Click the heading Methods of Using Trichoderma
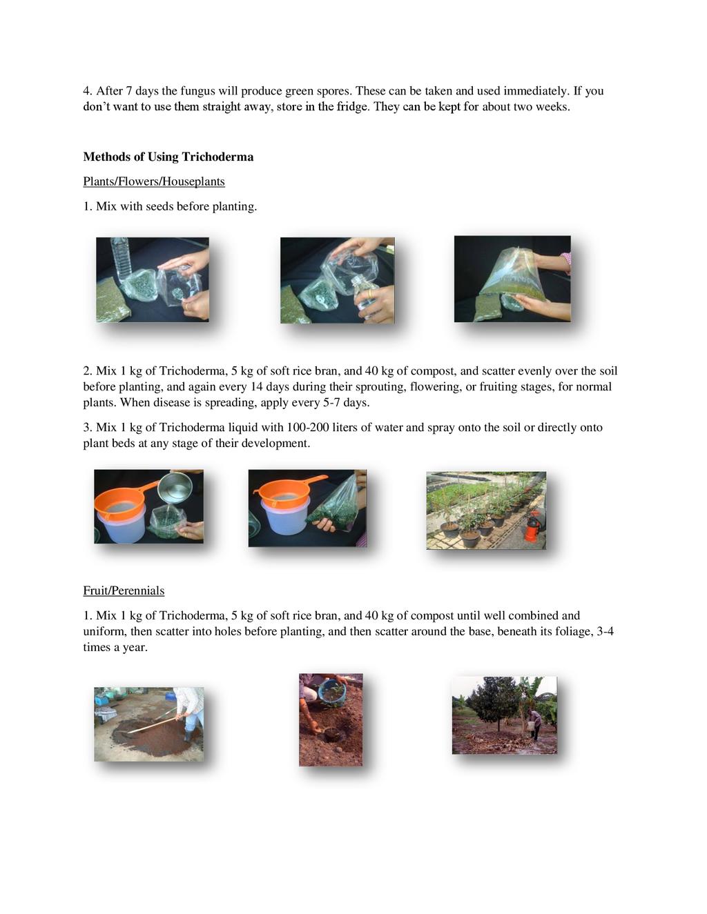pos(168,157)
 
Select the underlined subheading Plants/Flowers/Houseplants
pos(154,181)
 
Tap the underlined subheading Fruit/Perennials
pos(124,590)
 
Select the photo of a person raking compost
pos(149,724)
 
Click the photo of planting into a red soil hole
pos(331,720)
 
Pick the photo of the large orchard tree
pos(505,715)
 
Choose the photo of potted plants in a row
pos(486,510)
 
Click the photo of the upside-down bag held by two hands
pos(512,279)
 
